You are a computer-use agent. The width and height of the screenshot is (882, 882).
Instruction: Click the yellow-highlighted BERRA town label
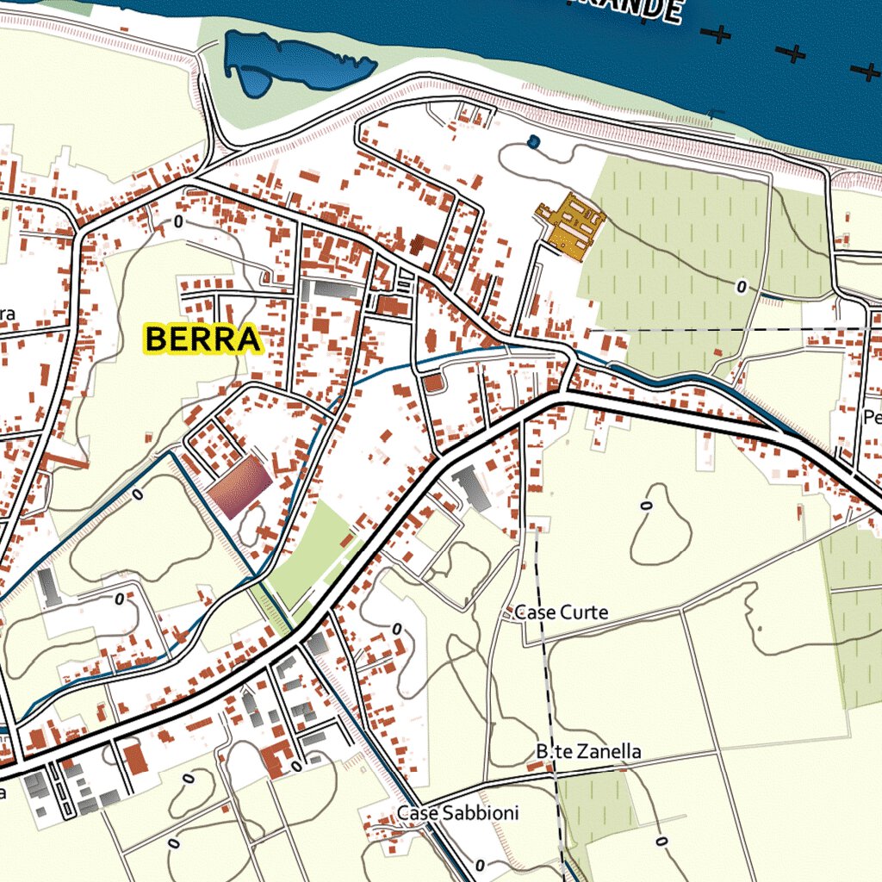tap(202, 339)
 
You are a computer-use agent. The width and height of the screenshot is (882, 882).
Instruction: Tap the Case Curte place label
tap(561, 613)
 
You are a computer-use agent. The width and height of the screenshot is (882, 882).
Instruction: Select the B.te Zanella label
tap(589, 752)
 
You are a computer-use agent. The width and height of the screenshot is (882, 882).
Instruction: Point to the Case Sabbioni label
tap(457, 813)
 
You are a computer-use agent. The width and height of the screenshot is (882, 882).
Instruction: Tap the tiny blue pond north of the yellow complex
tap(533, 141)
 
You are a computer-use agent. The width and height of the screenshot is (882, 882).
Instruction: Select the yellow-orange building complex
tap(570, 226)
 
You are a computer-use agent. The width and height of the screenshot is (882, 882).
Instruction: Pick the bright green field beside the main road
tap(310, 551)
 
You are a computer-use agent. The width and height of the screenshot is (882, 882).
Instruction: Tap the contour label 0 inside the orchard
tap(742, 287)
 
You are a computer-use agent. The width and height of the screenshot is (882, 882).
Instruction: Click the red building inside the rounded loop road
tap(433, 382)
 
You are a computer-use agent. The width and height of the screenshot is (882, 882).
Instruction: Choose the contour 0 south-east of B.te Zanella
tap(661, 841)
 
